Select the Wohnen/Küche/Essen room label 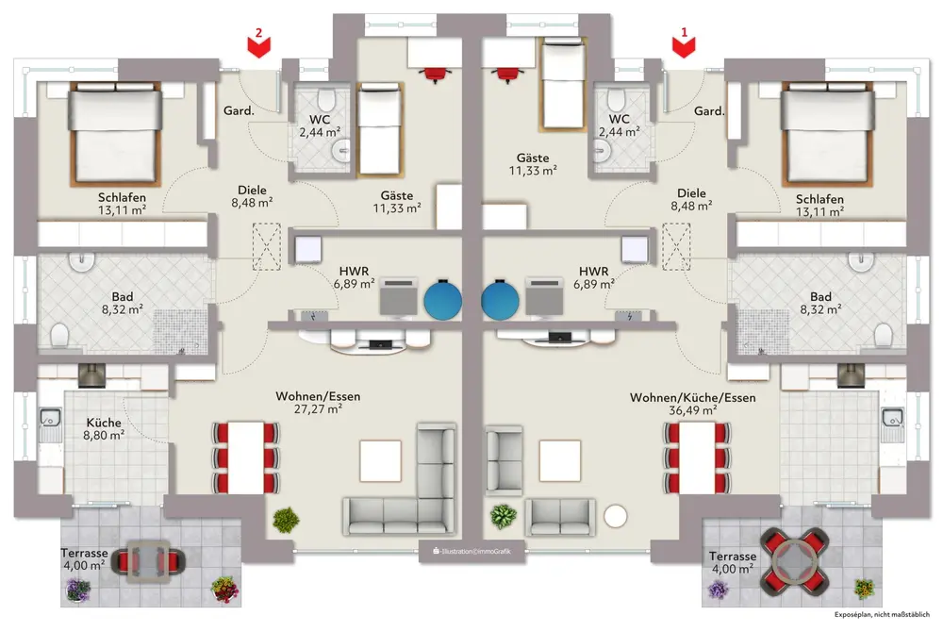tap(692, 398)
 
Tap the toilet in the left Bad tap(58, 334)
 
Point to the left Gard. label tap(238, 111)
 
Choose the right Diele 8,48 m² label tap(690, 199)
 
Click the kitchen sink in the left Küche tap(48, 415)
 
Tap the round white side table tap(616, 516)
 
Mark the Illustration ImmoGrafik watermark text tap(471, 550)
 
